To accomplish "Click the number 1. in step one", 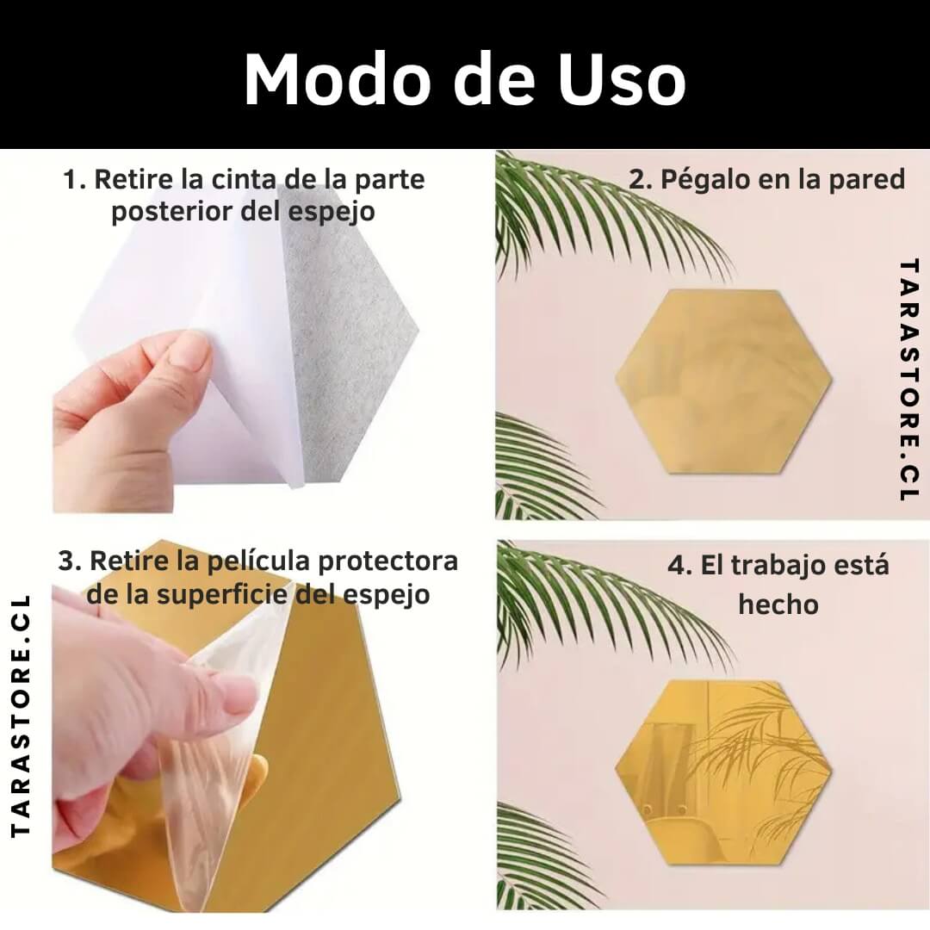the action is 74,179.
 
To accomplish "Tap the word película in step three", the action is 258,561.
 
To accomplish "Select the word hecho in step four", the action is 778,604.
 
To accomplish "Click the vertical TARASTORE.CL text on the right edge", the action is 908,381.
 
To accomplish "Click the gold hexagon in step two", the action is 723,381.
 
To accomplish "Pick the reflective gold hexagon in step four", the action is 723,772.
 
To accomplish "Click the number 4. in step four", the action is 679,565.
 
